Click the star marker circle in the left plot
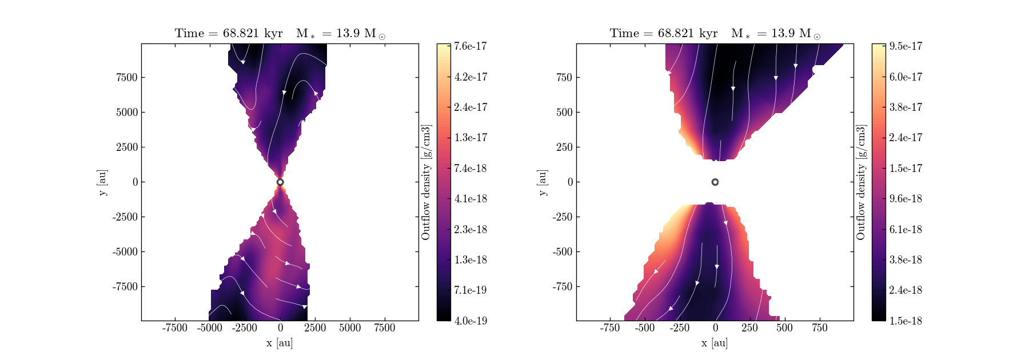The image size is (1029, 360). pyautogui.click(x=280, y=182)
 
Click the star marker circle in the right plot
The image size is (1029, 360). pyautogui.click(x=715, y=182)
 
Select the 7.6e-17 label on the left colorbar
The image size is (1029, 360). pyautogui.click(x=470, y=46)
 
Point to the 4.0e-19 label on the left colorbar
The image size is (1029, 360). pyautogui.click(x=470, y=321)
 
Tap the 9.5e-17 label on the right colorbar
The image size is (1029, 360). pyautogui.click(x=906, y=46)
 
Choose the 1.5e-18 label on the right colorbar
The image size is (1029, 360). pyautogui.click(x=906, y=321)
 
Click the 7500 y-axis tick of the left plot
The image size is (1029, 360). pyautogui.click(x=127, y=78)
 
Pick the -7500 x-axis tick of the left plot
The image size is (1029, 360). pyautogui.click(x=175, y=327)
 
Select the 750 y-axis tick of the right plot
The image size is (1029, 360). pyautogui.click(x=564, y=78)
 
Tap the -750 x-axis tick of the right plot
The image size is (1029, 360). pyautogui.click(x=610, y=327)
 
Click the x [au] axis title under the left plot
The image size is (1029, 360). pyautogui.click(x=280, y=343)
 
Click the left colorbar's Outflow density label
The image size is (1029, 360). pyautogui.click(x=426, y=182)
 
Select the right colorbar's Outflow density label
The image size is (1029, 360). pyautogui.click(x=861, y=182)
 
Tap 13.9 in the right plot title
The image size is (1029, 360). pyautogui.click(x=783, y=33)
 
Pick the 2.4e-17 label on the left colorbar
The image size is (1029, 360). pyautogui.click(x=470, y=107)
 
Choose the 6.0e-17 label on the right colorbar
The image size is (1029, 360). pyautogui.click(x=906, y=77)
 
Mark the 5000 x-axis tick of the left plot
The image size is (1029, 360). pyautogui.click(x=350, y=327)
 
